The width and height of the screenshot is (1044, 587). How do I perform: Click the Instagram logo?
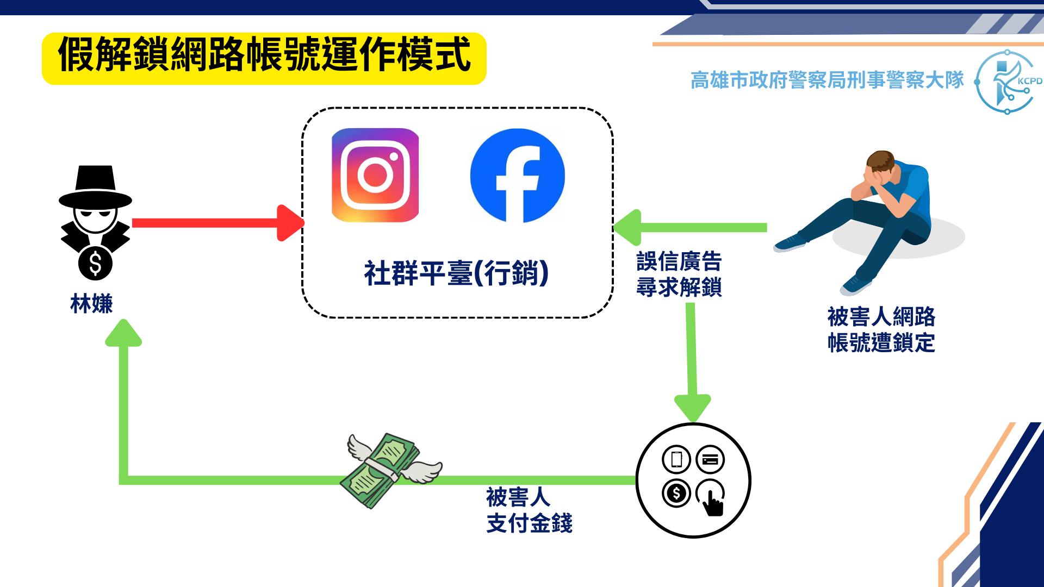click(x=375, y=175)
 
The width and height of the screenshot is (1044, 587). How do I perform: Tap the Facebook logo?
click(x=517, y=176)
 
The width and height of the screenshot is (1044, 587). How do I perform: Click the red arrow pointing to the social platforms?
click(x=217, y=223)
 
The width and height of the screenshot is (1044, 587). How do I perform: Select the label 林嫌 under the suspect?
click(x=91, y=303)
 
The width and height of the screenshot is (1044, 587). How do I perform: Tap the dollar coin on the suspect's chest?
click(x=95, y=264)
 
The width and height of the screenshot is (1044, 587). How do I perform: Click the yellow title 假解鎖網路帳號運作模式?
click(x=264, y=55)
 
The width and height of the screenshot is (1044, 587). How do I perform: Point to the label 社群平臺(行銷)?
click(x=456, y=273)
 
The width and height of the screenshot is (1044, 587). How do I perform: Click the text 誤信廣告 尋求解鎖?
click(x=679, y=274)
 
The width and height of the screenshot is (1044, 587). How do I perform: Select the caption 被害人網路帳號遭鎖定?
click(x=881, y=329)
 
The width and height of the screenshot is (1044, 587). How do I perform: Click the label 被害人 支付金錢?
click(x=529, y=510)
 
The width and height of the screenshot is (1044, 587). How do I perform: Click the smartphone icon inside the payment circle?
click(x=676, y=459)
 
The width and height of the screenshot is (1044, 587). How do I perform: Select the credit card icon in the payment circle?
click(x=710, y=460)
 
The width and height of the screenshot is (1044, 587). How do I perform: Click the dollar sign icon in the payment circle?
click(x=676, y=493)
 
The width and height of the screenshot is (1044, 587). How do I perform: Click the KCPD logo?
click(x=1007, y=82)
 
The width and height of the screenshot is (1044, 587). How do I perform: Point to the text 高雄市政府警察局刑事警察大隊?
click(x=826, y=80)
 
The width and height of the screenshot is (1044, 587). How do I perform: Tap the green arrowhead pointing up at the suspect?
click(x=123, y=333)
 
